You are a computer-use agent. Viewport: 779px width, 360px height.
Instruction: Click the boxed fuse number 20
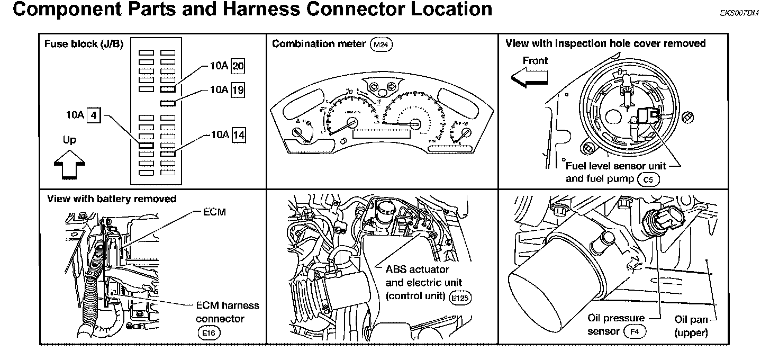238,66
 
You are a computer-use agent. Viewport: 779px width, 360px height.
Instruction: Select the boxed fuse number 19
238,89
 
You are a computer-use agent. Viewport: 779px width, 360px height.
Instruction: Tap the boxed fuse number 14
239,135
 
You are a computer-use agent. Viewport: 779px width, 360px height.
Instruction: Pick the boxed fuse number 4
93,115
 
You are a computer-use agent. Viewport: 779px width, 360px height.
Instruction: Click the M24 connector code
382,44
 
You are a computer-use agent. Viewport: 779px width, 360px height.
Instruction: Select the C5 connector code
649,179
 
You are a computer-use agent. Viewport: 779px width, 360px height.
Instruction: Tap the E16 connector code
207,333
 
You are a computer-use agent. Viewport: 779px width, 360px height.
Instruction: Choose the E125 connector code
459,298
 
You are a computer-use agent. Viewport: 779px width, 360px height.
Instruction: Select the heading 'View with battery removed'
112,199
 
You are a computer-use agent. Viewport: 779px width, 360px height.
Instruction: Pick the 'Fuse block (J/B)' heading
84,44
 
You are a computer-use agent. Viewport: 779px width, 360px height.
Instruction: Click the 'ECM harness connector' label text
227,311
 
